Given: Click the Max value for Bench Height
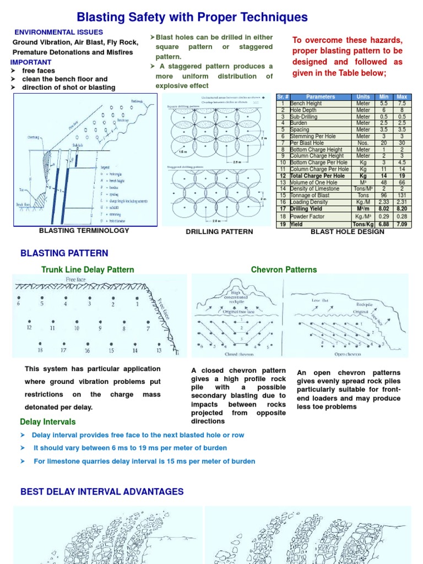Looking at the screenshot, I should (402, 103).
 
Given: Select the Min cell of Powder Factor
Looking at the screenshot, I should (384, 217).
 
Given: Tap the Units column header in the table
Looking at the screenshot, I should (363, 96).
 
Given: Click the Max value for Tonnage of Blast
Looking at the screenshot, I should (402, 195).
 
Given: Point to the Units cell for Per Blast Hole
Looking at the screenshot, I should (363, 143).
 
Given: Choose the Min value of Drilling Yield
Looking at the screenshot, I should (384, 209).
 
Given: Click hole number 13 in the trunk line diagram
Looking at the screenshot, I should (160, 350).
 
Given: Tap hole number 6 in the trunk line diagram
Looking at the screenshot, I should (19, 303).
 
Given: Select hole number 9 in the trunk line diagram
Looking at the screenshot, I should (100, 328).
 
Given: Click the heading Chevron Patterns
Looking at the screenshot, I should (284, 269).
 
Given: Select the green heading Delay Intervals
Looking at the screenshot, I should (47, 422).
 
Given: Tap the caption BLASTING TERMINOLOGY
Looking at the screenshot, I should (84, 230).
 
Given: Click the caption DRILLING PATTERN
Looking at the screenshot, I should (219, 232).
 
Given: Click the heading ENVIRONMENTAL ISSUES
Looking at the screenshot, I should (58, 32).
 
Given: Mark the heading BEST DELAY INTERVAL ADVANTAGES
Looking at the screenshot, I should (102, 491).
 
